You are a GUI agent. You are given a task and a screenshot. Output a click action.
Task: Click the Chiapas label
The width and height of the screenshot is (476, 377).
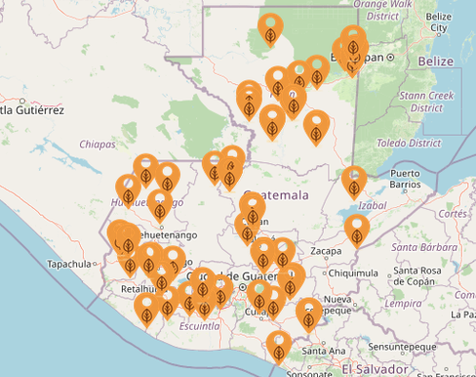coord(98,144)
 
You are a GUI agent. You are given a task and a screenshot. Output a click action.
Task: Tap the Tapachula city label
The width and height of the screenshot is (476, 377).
coord(68,265)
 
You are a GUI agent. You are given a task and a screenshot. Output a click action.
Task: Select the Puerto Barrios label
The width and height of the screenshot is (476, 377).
coord(404,179)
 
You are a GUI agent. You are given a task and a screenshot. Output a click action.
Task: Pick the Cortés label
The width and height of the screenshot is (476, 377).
coord(453,213)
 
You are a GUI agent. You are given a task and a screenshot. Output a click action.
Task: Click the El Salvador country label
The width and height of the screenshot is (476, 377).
coord(375,369)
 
